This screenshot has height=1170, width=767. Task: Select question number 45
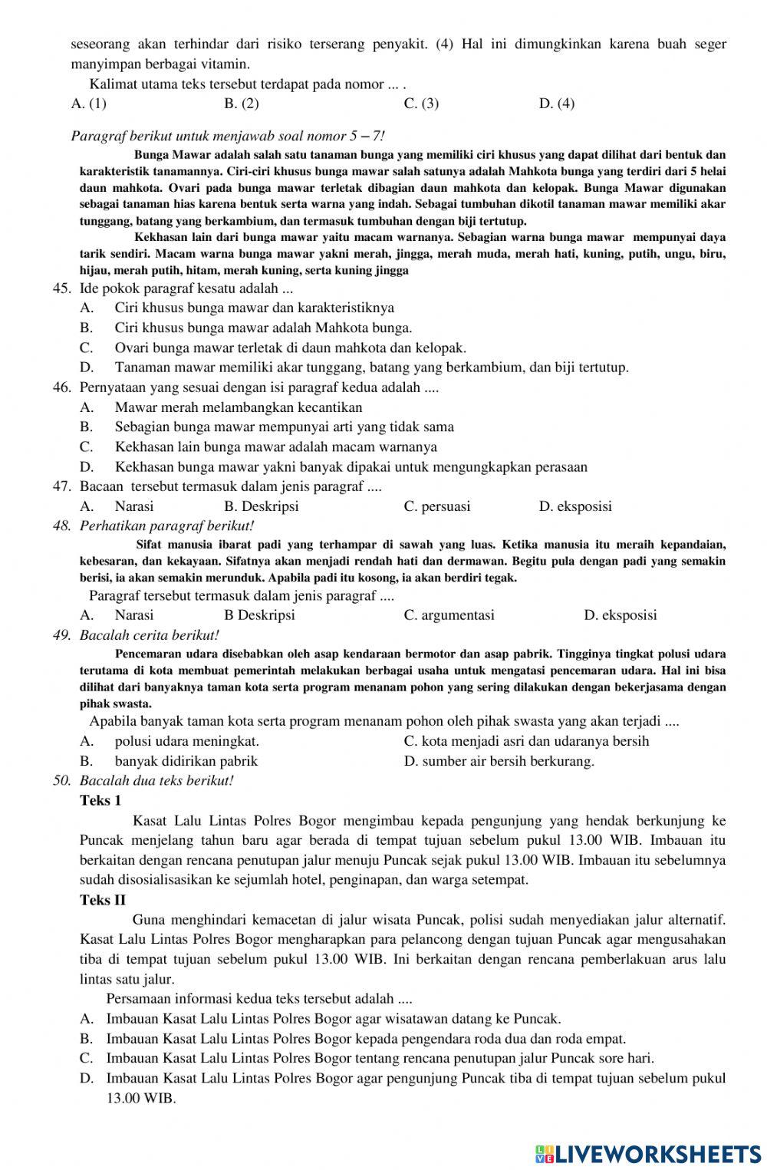pyautogui.click(x=62, y=288)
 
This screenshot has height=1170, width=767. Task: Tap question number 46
pyautogui.click(x=62, y=387)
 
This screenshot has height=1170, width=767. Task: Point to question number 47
pyautogui.click(x=62, y=486)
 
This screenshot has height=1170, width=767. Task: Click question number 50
pyautogui.click(x=62, y=781)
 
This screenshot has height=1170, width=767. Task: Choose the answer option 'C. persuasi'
pyautogui.click(x=436, y=506)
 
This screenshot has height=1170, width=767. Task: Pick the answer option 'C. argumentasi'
pyautogui.click(x=449, y=615)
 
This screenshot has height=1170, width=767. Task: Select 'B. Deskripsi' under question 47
pyautogui.click(x=261, y=506)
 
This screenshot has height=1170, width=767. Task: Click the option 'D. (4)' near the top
pyautogui.click(x=557, y=104)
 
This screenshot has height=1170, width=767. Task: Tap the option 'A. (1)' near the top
pyautogui.click(x=88, y=104)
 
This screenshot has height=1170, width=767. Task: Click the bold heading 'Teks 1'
pyautogui.click(x=100, y=801)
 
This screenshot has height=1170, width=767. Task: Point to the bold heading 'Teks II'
pyautogui.click(x=103, y=900)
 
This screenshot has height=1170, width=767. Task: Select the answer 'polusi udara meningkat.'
pyautogui.click(x=186, y=741)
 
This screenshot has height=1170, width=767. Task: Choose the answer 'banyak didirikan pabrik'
pyautogui.click(x=186, y=761)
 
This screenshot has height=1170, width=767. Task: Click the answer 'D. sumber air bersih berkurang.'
pyautogui.click(x=499, y=761)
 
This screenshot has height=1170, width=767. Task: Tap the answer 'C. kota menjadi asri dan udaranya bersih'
pyautogui.click(x=526, y=741)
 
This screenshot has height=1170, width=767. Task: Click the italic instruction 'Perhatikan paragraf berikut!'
pyautogui.click(x=166, y=526)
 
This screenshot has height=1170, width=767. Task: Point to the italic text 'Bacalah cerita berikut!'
pyautogui.click(x=150, y=635)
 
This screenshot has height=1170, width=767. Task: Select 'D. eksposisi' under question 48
pyautogui.click(x=620, y=615)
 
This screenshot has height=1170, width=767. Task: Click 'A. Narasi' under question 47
pyautogui.click(x=117, y=506)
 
